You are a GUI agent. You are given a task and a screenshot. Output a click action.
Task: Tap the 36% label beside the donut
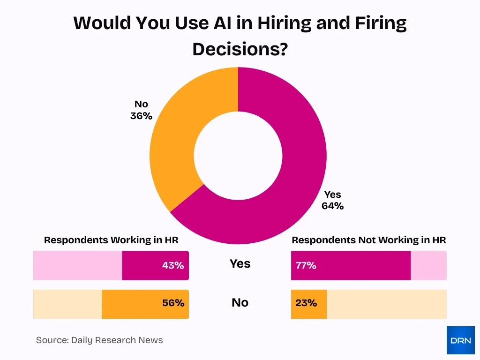click(x=141, y=116)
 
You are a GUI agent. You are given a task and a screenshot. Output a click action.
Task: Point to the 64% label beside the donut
click(x=332, y=206)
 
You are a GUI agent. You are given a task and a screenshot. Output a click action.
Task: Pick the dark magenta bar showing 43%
click(x=155, y=265)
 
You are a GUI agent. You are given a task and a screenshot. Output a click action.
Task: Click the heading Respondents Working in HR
click(x=111, y=240)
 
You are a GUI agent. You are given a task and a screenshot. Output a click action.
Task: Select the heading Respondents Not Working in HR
click(x=368, y=240)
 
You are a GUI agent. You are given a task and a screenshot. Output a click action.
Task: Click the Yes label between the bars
click(x=240, y=264)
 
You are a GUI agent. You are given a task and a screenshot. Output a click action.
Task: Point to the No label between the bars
click(x=240, y=303)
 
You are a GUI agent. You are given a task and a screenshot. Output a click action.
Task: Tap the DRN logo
click(x=460, y=340)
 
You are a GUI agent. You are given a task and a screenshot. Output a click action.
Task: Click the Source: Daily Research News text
click(x=99, y=340)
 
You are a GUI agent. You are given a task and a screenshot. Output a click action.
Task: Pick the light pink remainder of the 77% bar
click(x=428, y=265)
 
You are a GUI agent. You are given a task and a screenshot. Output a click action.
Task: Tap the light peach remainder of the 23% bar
click(x=386, y=304)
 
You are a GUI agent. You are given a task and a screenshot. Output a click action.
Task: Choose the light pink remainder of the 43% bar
click(x=77, y=265)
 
